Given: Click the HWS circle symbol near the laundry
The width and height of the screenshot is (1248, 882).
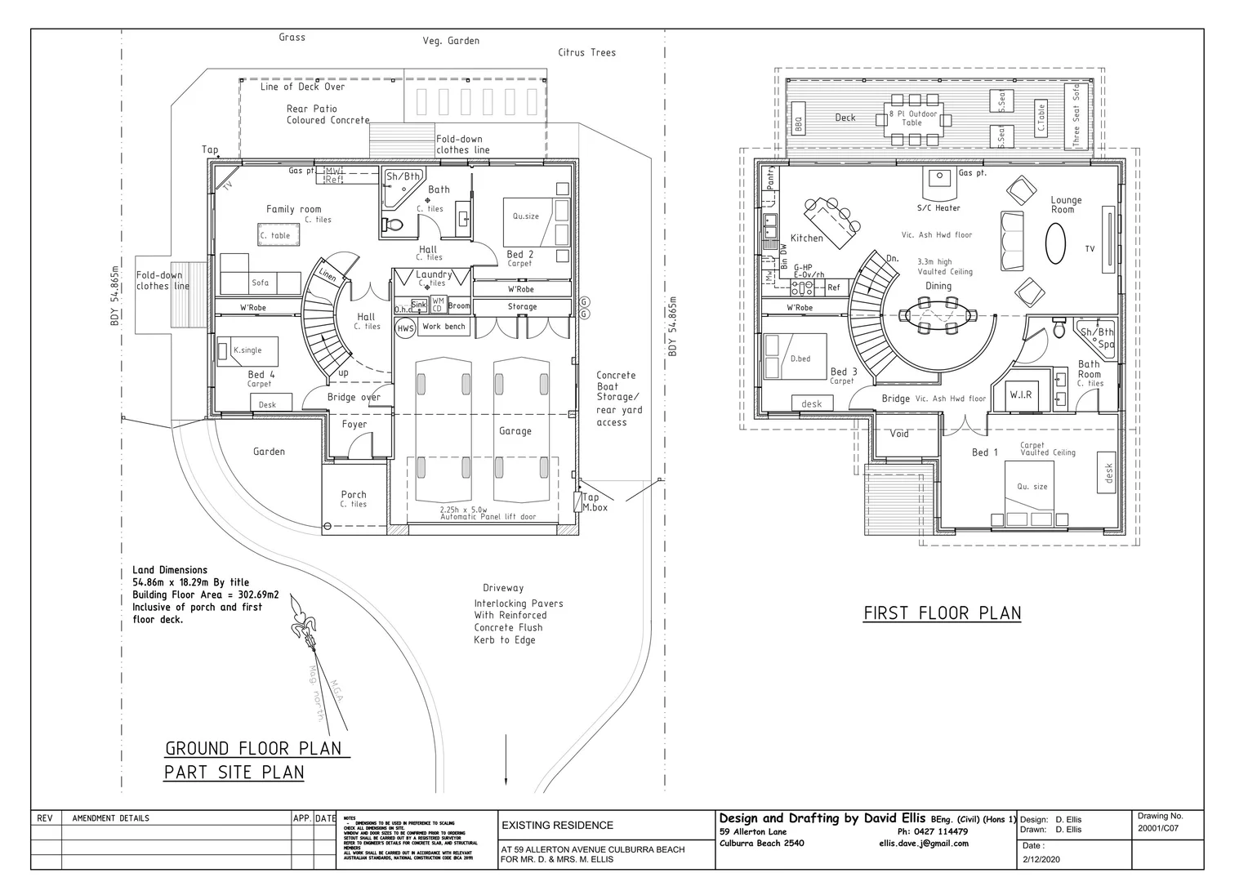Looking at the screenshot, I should (405, 328).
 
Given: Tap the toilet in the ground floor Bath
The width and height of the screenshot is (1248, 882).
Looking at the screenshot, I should (393, 224).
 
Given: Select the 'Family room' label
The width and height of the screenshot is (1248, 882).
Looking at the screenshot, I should (293, 209).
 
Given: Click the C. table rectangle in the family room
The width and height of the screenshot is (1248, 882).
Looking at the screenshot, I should (275, 235).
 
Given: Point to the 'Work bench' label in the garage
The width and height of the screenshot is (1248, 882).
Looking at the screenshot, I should (443, 327).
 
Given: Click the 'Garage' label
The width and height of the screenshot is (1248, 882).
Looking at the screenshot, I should (515, 430).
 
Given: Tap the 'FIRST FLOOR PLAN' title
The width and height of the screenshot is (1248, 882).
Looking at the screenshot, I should (942, 612).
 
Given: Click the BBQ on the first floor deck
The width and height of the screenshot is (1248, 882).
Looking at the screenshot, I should (799, 124).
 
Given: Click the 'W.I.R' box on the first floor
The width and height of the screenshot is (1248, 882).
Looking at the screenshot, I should (1020, 394).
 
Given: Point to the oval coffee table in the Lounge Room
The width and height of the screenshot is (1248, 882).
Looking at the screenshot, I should (1056, 244).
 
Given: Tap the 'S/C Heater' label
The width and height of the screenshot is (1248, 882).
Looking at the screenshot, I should (938, 207).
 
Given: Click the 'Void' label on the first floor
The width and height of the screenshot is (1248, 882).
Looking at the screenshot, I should (899, 434).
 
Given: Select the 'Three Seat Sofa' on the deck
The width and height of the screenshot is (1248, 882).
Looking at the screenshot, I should (1076, 114).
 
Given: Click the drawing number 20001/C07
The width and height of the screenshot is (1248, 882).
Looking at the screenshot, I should (1157, 828).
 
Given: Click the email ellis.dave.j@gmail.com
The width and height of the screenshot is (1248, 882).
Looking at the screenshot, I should (923, 844).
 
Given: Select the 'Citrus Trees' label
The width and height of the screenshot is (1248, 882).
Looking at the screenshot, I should (586, 52).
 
